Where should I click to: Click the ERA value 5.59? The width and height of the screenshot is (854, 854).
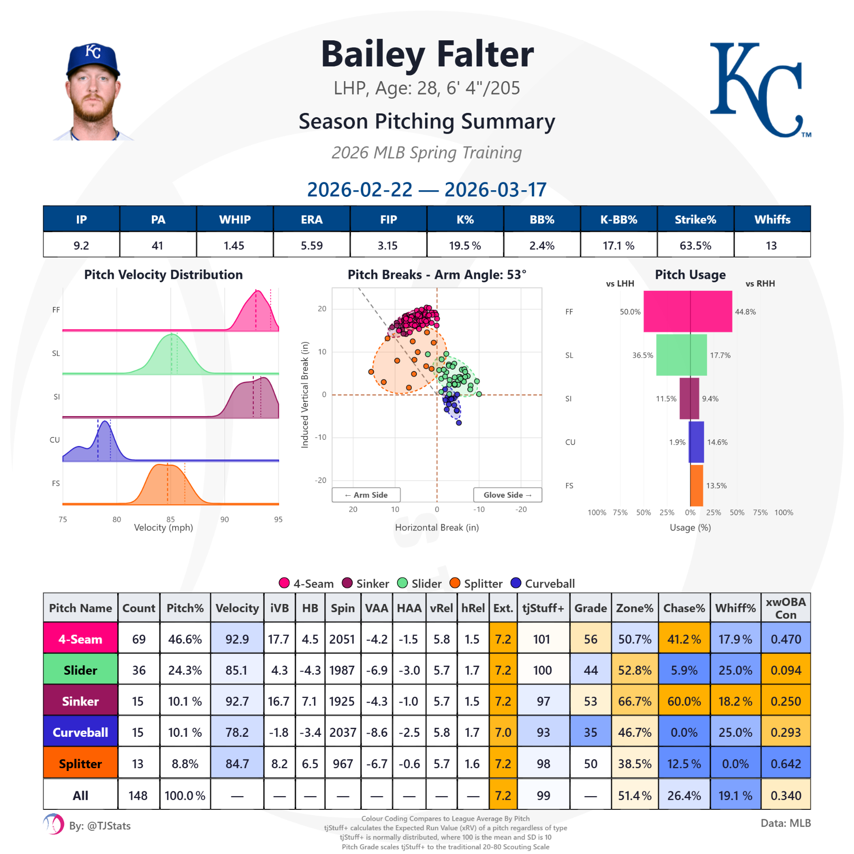tap(312, 245)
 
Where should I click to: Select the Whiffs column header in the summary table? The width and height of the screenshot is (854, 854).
tap(772, 219)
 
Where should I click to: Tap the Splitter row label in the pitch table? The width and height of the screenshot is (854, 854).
tap(80, 763)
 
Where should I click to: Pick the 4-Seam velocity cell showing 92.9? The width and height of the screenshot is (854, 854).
tap(237, 639)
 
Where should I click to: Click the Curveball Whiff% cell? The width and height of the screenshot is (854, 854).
tap(735, 732)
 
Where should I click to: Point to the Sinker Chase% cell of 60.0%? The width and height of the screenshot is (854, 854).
tap(684, 701)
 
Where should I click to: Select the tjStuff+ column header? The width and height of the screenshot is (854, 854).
tap(543, 608)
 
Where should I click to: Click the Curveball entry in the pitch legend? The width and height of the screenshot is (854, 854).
tap(543, 583)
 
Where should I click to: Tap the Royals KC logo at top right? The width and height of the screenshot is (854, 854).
tap(760, 90)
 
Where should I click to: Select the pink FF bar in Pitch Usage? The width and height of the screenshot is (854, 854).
tap(687, 312)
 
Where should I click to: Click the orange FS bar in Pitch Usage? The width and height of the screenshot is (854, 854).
tap(696, 485)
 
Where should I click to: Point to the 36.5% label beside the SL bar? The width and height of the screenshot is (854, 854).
tap(642, 355)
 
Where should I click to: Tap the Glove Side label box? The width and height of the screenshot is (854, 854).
tap(507, 495)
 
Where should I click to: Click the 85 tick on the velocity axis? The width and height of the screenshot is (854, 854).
tap(170, 519)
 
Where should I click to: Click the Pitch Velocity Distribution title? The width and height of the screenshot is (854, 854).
tap(163, 275)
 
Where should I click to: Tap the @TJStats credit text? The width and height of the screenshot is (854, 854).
tap(100, 826)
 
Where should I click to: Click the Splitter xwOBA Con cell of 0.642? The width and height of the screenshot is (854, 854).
tap(785, 763)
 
